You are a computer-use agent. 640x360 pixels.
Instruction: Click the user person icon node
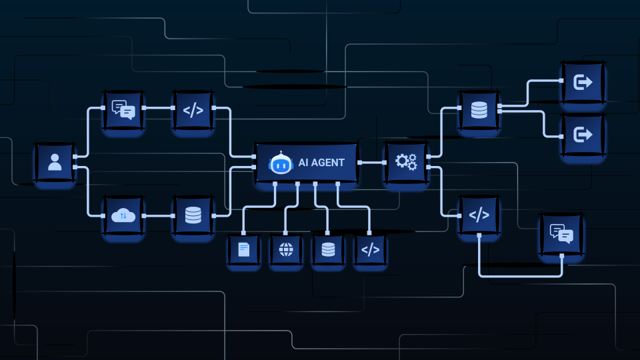click(x=54, y=162)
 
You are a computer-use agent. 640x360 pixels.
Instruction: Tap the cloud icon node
click(x=123, y=215)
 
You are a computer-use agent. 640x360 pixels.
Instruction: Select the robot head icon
click(x=281, y=163)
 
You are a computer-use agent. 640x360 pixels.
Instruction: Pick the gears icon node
click(x=406, y=162)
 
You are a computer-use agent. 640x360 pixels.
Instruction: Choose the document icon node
click(x=244, y=249)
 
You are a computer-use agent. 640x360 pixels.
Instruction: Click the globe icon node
click(x=286, y=249)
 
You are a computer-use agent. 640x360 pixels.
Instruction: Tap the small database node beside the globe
click(x=328, y=249)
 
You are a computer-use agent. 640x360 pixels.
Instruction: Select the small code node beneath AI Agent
click(x=370, y=249)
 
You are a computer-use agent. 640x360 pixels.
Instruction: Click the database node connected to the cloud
click(x=193, y=215)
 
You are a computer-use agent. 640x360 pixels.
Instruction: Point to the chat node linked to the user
click(x=123, y=110)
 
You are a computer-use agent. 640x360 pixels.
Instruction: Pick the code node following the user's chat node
click(x=193, y=110)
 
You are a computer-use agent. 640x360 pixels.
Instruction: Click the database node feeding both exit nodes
click(x=479, y=110)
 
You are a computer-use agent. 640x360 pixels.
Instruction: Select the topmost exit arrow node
click(x=583, y=82)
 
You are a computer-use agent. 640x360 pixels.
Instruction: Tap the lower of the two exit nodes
click(x=583, y=134)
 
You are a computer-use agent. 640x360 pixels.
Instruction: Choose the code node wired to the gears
click(x=479, y=214)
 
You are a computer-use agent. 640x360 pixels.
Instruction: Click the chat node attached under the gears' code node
click(x=561, y=234)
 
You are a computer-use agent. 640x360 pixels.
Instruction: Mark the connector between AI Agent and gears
click(x=372, y=163)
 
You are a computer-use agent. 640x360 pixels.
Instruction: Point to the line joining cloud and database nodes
click(x=159, y=215)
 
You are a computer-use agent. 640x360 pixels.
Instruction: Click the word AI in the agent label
click(x=303, y=163)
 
